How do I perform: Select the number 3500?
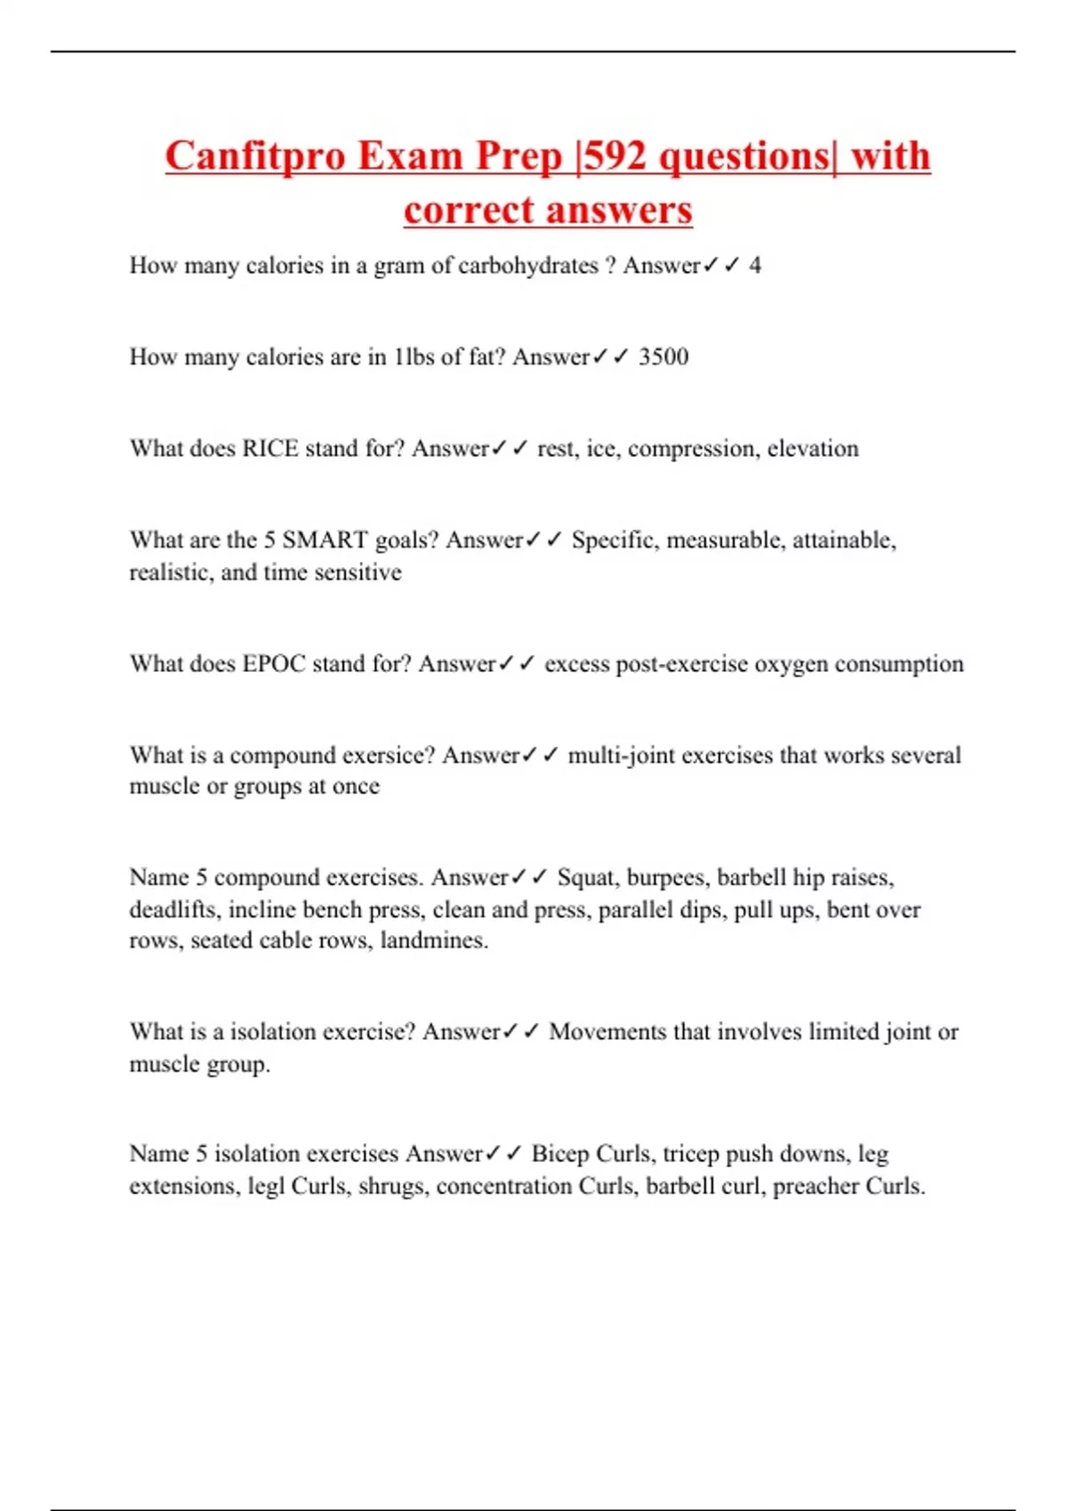[x=663, y=357]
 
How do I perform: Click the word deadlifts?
[x=173, y=910]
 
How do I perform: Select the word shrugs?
[x=391, y=1187]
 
